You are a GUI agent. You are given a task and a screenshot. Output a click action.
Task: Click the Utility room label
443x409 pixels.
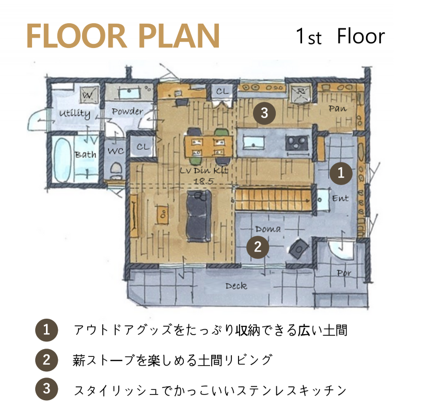(x=75, y=114)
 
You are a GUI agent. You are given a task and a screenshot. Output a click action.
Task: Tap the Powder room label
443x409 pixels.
(x=128, y=111)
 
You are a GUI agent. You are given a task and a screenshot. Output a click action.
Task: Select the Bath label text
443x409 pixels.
(x=85, y=155)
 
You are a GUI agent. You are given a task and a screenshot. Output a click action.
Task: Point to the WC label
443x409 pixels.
(x=116, y=151)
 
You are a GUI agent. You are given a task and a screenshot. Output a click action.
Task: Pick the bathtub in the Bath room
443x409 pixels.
(x=62, y=160)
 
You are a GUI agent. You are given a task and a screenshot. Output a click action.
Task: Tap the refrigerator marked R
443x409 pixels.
(x=300, y=93)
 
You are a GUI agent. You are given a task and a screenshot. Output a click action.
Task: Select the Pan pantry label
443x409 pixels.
(x=338, y=108)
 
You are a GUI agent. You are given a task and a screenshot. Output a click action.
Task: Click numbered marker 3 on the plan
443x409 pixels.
(x=264, y=113)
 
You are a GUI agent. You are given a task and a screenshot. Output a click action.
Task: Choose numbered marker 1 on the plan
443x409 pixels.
(x=341, y=173)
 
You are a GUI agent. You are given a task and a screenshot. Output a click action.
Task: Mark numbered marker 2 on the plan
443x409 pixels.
(x=258, y=247)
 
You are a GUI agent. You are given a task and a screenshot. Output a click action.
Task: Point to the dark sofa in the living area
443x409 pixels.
(x=199, y=216)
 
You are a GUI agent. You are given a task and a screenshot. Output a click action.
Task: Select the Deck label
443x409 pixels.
(x=236, y=286)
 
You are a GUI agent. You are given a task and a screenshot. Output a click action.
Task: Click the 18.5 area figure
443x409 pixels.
(x=203, y=181)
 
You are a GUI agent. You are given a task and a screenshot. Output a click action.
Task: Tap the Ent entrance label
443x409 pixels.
(x=340, y=198)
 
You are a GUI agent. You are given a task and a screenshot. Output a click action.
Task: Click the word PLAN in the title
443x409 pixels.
(x=179, y=37)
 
